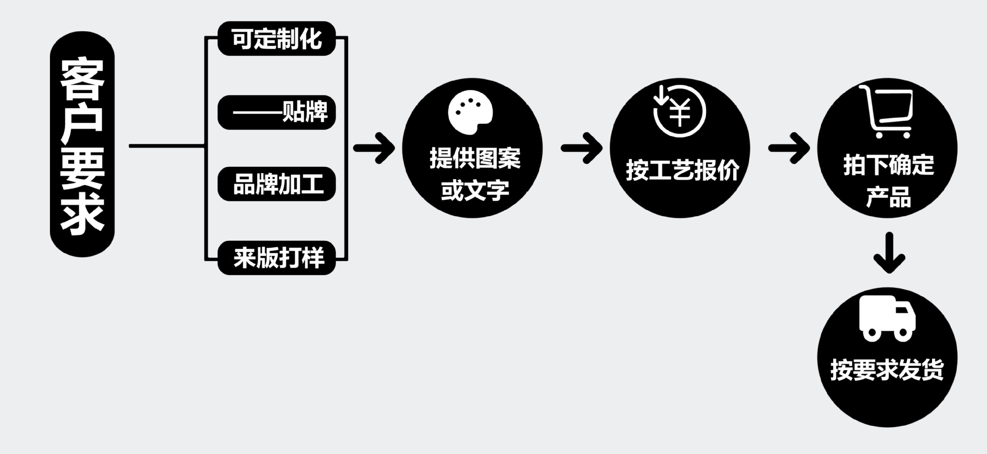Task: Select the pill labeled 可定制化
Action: (277, 39)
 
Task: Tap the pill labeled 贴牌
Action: (277, 111)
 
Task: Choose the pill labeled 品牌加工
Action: (277, 184)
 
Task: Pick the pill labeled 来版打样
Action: (277, 257)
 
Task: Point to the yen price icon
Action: (679, 111)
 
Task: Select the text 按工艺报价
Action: (682, 170)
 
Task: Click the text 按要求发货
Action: (887, 369)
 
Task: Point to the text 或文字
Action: (475, 191)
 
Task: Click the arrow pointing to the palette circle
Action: (374, 148)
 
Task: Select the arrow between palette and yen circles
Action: (581, 148)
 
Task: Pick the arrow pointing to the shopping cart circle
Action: (789, 148)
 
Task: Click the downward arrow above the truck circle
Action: (889, 253)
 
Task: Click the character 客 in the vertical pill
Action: (82, 80)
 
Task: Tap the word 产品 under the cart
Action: (888, 198)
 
